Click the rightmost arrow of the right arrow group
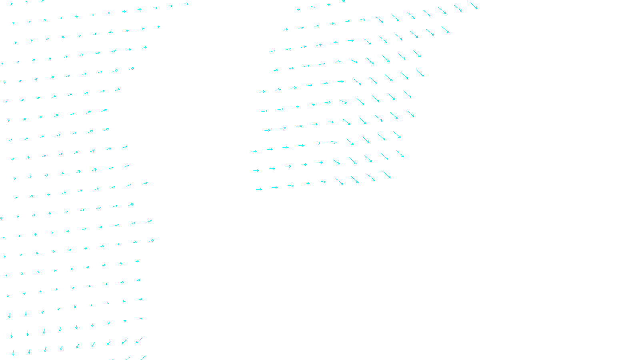473,5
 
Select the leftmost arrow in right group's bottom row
259,189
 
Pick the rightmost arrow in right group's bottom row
387,175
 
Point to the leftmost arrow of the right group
254,152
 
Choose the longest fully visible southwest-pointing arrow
140,340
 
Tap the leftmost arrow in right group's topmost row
297,9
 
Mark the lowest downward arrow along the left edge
13,353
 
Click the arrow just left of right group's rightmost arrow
458,8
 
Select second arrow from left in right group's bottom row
274,187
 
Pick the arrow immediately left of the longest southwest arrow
124,342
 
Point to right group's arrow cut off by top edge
343,1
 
